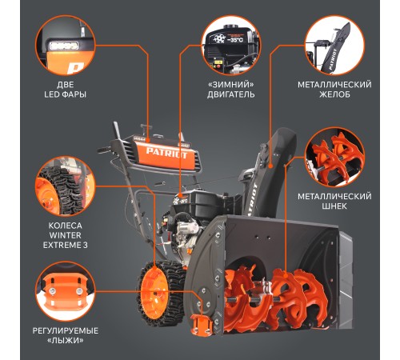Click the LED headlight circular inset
[x=66, y=45]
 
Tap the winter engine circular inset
[x=231, y=45]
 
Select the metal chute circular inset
[x=334, y=45]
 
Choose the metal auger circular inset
[x=334, y=157]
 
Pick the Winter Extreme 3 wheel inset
[x=66, y=186]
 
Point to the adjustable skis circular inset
[x=66, y=291]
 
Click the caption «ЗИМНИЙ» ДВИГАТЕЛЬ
[x=231, y=90]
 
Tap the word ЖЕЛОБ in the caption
[x=334, y=94]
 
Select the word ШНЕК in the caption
[x=334, y=206]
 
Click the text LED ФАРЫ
[x=66, y=94]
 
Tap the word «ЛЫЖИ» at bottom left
[x=66, y=341]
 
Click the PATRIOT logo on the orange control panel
[x=166, y=153]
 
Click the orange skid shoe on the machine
[x=202, y=325]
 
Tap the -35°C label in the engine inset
[x=235, y=40]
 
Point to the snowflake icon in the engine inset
[x=219, y=39]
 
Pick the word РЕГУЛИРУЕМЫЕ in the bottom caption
[x=66, y=331]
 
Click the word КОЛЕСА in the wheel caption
[x=65, y=226]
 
